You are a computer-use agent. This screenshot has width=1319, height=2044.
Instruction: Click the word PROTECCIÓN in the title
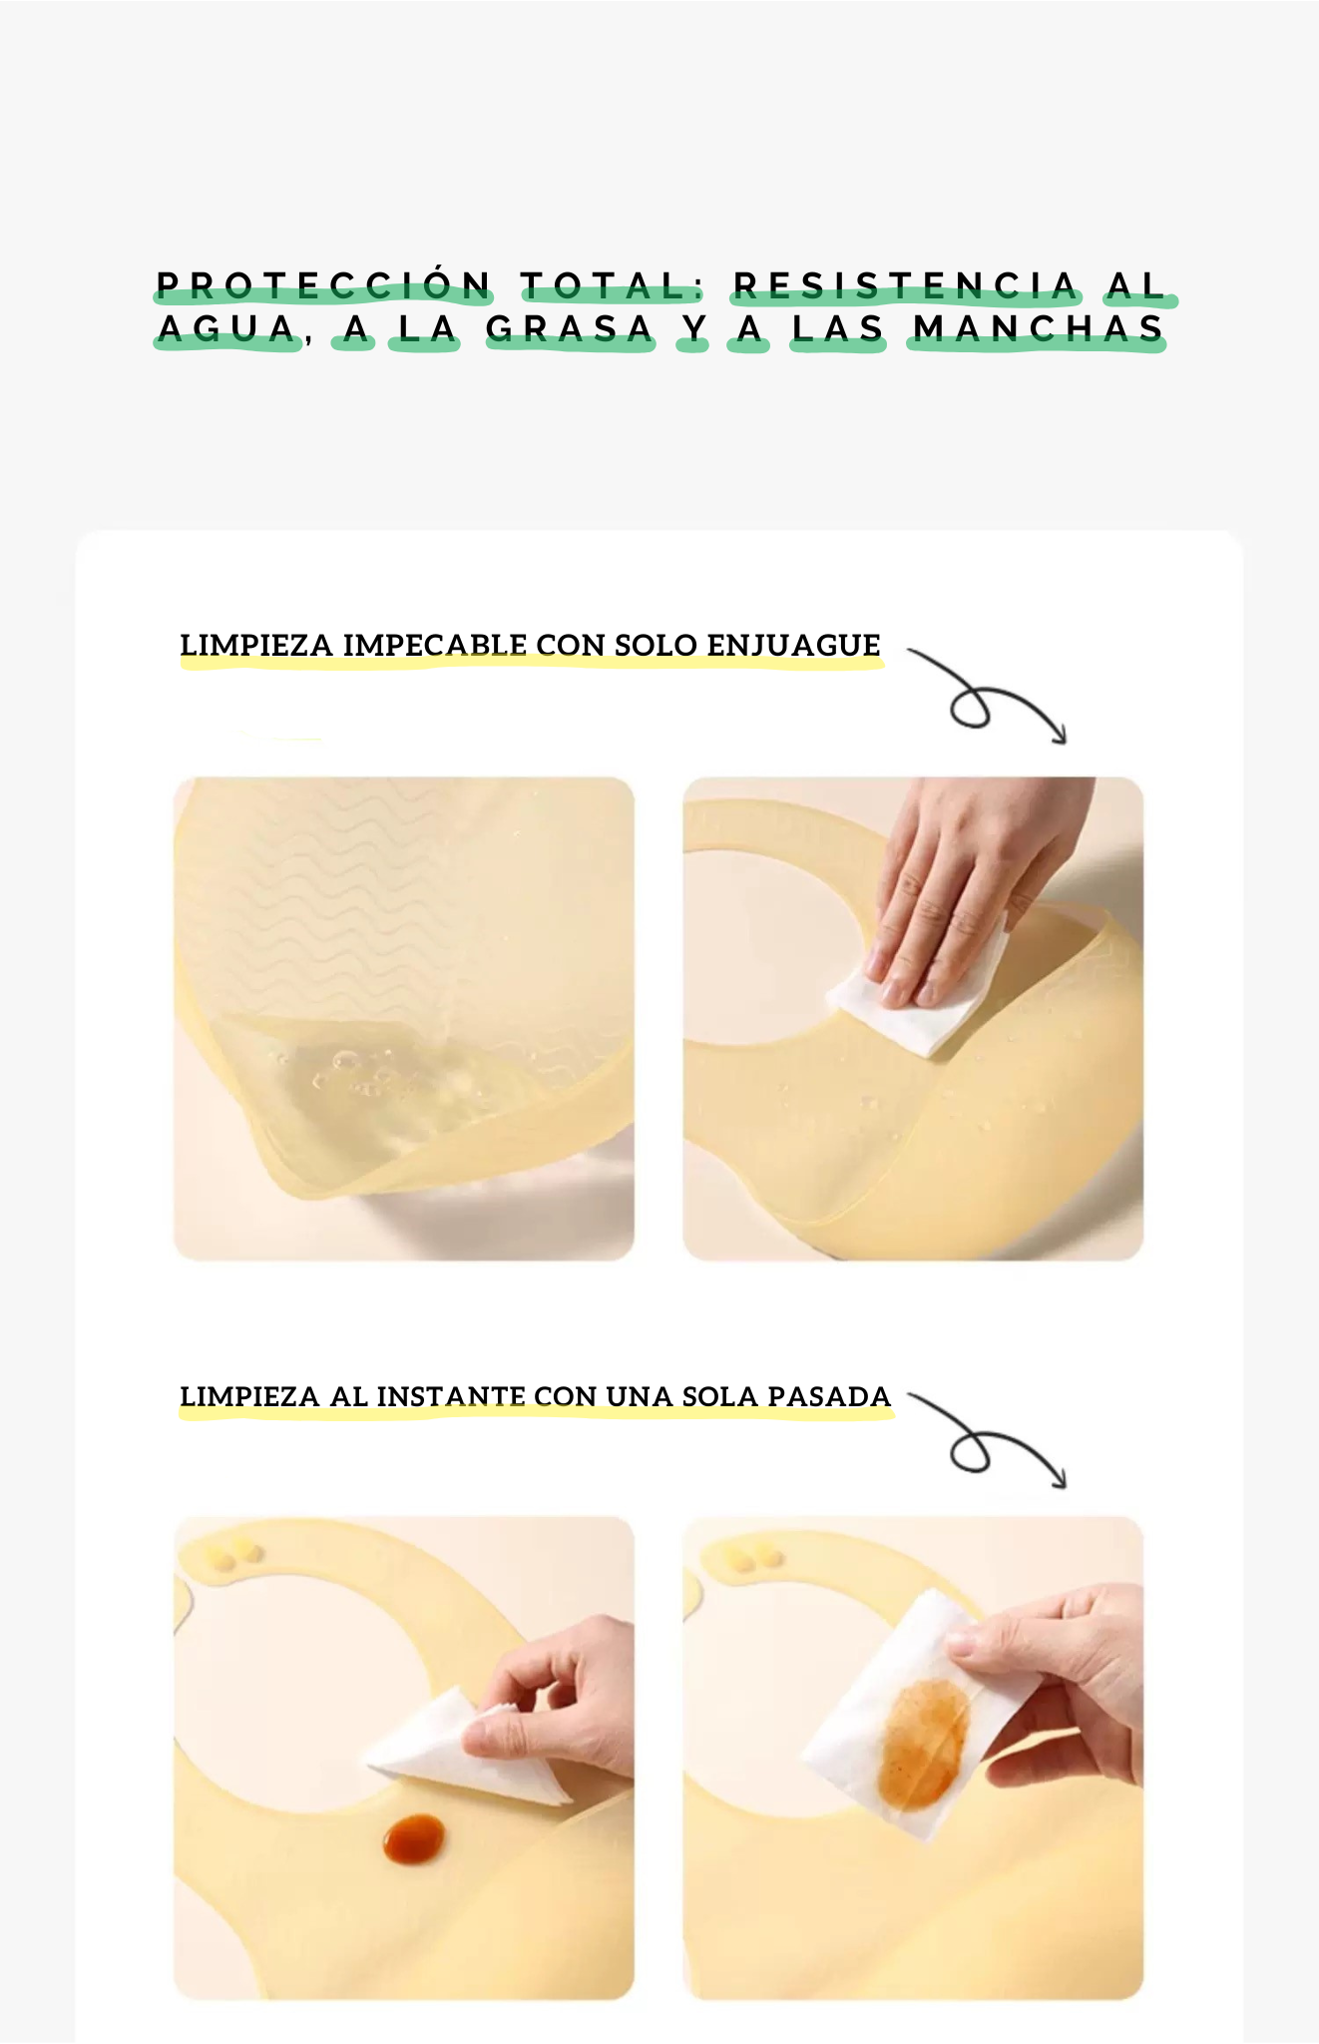click(324, 285)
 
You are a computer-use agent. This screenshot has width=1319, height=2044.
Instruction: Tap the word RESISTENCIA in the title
click(906, 286)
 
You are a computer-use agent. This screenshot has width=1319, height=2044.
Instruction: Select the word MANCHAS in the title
click(1038, 328)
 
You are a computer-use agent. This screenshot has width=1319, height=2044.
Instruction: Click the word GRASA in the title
click(570, 328)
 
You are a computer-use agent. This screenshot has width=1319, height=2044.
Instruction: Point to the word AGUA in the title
click(228, 328)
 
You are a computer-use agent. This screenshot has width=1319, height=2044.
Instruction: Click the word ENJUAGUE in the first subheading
click(793, 645)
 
